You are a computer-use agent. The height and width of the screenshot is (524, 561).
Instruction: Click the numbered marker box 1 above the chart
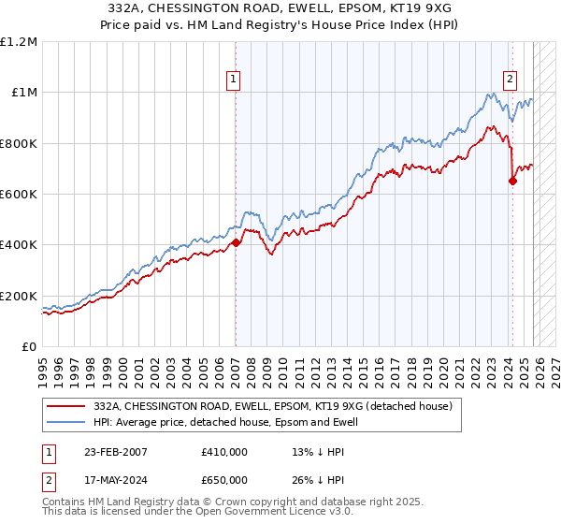coord(233,80)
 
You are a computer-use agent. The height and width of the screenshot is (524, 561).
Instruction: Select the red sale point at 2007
coord(236,242)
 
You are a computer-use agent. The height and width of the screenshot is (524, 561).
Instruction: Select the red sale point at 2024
coord(512,182)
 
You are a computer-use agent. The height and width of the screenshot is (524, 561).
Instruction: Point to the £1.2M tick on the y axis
coord(19,42)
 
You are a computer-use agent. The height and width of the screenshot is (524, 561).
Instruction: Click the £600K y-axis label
coord(19,195)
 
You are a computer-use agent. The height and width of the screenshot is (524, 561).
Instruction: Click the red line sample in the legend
coord(65,406)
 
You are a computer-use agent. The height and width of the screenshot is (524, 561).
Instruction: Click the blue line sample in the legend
coord(65,422)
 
